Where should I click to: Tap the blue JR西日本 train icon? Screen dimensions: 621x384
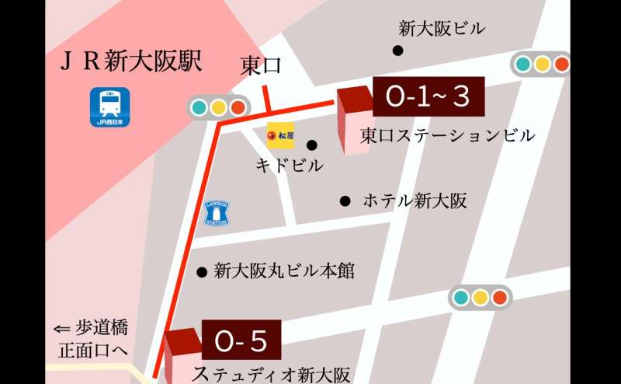tap(110, 107)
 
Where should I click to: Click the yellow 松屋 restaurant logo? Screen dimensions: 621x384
tap(280, 136)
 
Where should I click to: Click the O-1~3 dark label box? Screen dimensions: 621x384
tap(428, 97)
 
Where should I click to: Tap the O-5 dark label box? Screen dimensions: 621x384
tap(241, 340)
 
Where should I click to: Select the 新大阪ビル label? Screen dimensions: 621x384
tap(442, 29)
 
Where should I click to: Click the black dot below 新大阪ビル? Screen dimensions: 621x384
tap(398, 51)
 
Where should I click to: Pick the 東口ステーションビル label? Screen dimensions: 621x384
tap(447, 135)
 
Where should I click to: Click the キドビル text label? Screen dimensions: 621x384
tap(289, 166)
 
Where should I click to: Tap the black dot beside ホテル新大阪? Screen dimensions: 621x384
tap(345, 201)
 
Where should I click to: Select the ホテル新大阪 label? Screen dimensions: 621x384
tap(415, 201)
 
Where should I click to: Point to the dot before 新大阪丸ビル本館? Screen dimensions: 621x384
tap(201, 272)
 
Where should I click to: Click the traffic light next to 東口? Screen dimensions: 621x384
tap(218, 107)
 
